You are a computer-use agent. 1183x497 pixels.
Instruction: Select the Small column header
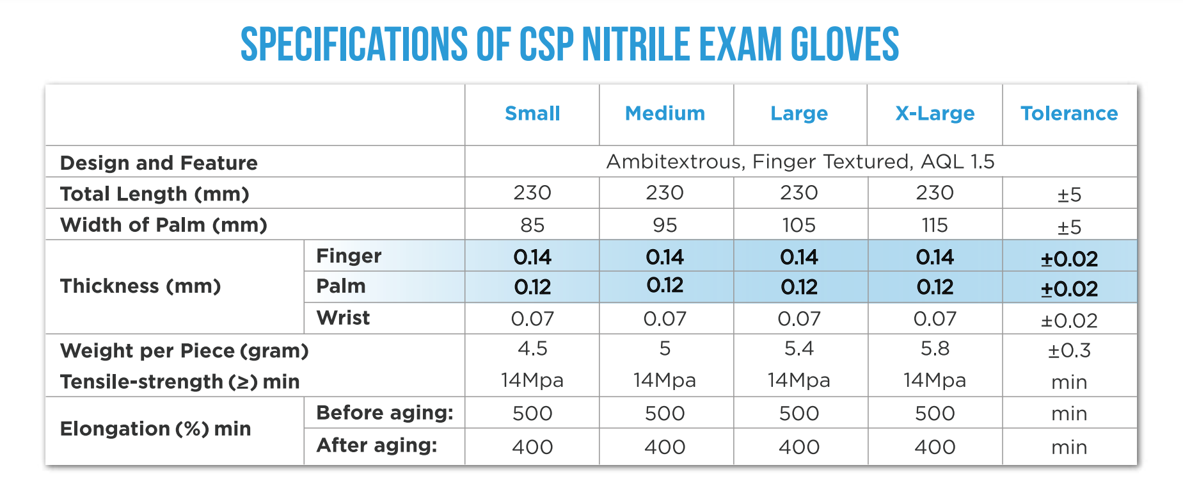coord(532,113)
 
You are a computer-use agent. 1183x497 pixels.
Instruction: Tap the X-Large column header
coord(935,113)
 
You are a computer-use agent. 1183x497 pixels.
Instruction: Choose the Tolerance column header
coord(1069,113)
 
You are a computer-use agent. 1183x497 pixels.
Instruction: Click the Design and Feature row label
coord(159,163)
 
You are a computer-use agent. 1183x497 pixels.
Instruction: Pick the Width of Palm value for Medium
coord(665,225)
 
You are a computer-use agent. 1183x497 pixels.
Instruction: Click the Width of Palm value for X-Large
coord(935,225)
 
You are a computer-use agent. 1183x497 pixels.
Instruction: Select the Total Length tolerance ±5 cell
coord(1069,194)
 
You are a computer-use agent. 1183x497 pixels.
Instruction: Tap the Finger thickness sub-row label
coord(349,256)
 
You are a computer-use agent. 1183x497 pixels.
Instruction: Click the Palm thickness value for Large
coord(799,287)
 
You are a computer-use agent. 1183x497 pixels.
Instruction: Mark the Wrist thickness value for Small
coord(532,318)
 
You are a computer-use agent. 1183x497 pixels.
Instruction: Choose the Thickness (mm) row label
coord(140,286)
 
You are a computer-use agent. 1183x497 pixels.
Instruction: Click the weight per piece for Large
coord(799,348)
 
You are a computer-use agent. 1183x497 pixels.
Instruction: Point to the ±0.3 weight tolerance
coord(1069,350)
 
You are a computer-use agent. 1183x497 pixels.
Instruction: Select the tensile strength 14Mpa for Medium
coord(665,380)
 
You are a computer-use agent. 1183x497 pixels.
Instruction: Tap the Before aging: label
coord(385,412)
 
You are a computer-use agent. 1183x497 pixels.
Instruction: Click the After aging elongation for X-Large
coord(935,446)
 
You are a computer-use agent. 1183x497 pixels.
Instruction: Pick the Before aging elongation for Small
coord(532,413)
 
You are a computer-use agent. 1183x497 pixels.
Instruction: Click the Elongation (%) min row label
coord(155,428)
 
